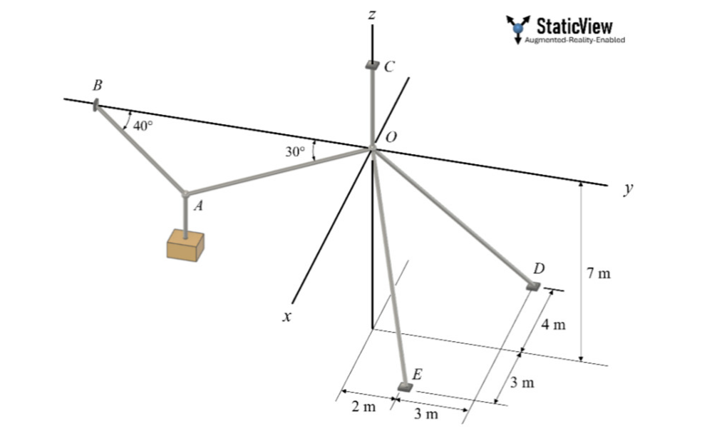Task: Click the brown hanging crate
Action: [185, 245]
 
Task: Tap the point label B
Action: [98, 85]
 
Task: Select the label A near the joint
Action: [199, 206]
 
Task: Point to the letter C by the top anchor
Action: [389, 67]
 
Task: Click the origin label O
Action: [391, 136]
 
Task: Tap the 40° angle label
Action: [143, 126]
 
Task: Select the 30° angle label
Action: [295, 151]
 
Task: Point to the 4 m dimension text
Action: [553, 326]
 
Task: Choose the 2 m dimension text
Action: [363, 407]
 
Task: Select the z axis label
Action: [372, 14]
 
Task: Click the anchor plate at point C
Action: [372, 65]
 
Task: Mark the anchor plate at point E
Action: [404, 387]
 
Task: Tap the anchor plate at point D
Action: [533, 286]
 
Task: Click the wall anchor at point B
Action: [96, 106]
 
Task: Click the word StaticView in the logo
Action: [574, 26]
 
